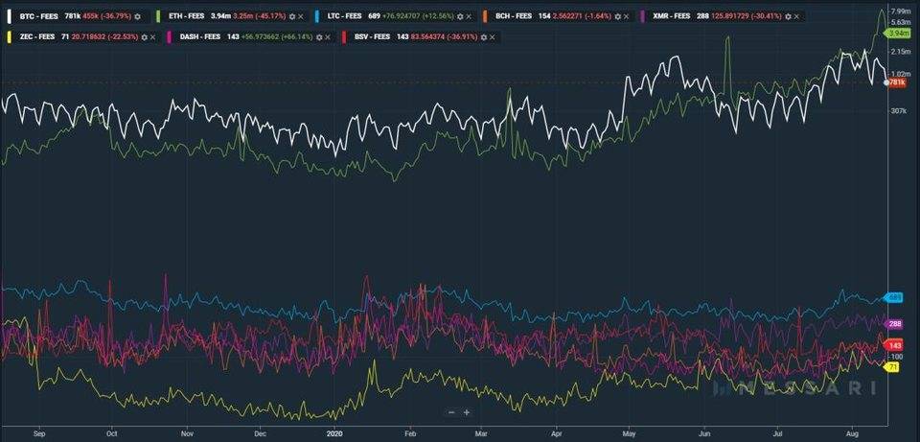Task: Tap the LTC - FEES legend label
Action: pos(344,16)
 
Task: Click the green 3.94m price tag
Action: pos(898,33)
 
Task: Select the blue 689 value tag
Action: pos(895,298)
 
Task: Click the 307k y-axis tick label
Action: pos(898,112)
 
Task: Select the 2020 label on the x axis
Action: pos(334,432)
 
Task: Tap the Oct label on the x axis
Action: pos(112,432)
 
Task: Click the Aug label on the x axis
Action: pos(852,432)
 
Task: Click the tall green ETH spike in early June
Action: pos(727,43)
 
